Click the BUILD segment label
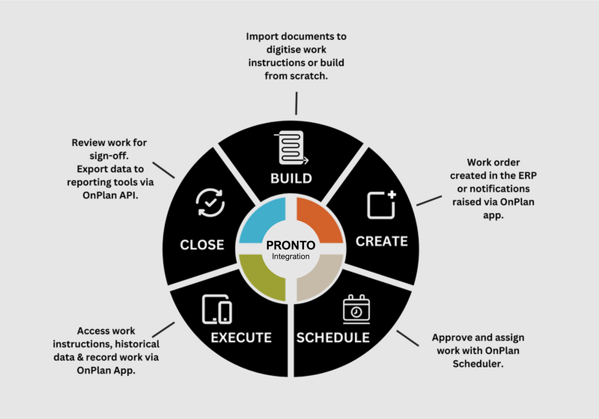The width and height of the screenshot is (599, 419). coord(291,178)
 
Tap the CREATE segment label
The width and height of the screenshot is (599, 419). coord(382,241)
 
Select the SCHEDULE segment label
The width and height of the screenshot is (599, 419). coord(333,338)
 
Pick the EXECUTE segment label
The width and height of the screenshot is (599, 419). coord(241,338)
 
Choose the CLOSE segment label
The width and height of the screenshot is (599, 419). coord(202,245)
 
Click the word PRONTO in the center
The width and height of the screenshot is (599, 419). coord(291,245)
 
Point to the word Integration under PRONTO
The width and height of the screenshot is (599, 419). coord(291,256)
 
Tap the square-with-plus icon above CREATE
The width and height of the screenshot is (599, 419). coord(381,205)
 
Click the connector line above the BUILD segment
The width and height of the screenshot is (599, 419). coord(296,103)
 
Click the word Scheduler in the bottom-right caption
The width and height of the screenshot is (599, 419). coord(478,364)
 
